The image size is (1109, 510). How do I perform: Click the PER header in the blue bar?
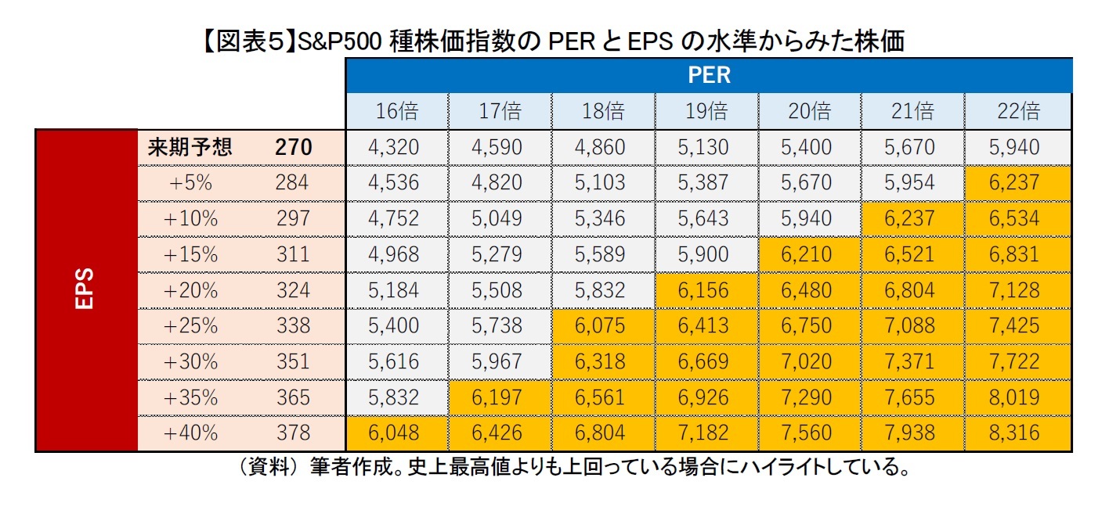709,75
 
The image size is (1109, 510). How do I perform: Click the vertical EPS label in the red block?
85,289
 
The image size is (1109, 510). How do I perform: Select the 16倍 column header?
397,111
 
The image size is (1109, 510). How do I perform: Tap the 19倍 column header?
706,111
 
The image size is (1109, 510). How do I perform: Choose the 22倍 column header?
1018,111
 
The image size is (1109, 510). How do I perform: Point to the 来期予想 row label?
190,147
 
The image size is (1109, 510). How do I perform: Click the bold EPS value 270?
294,147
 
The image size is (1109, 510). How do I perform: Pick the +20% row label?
190,290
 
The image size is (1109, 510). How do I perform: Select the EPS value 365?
294,397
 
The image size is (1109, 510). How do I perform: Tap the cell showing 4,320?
397,147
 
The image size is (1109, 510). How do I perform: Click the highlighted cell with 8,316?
1018,433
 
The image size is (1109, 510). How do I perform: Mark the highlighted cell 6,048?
397,433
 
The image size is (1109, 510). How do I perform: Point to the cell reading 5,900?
706,254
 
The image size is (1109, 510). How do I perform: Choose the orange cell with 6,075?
603,325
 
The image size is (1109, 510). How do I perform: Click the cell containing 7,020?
810,361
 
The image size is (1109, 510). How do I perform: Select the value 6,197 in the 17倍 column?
500,397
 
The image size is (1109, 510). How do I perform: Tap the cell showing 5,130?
706,147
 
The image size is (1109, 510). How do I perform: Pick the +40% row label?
190,433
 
